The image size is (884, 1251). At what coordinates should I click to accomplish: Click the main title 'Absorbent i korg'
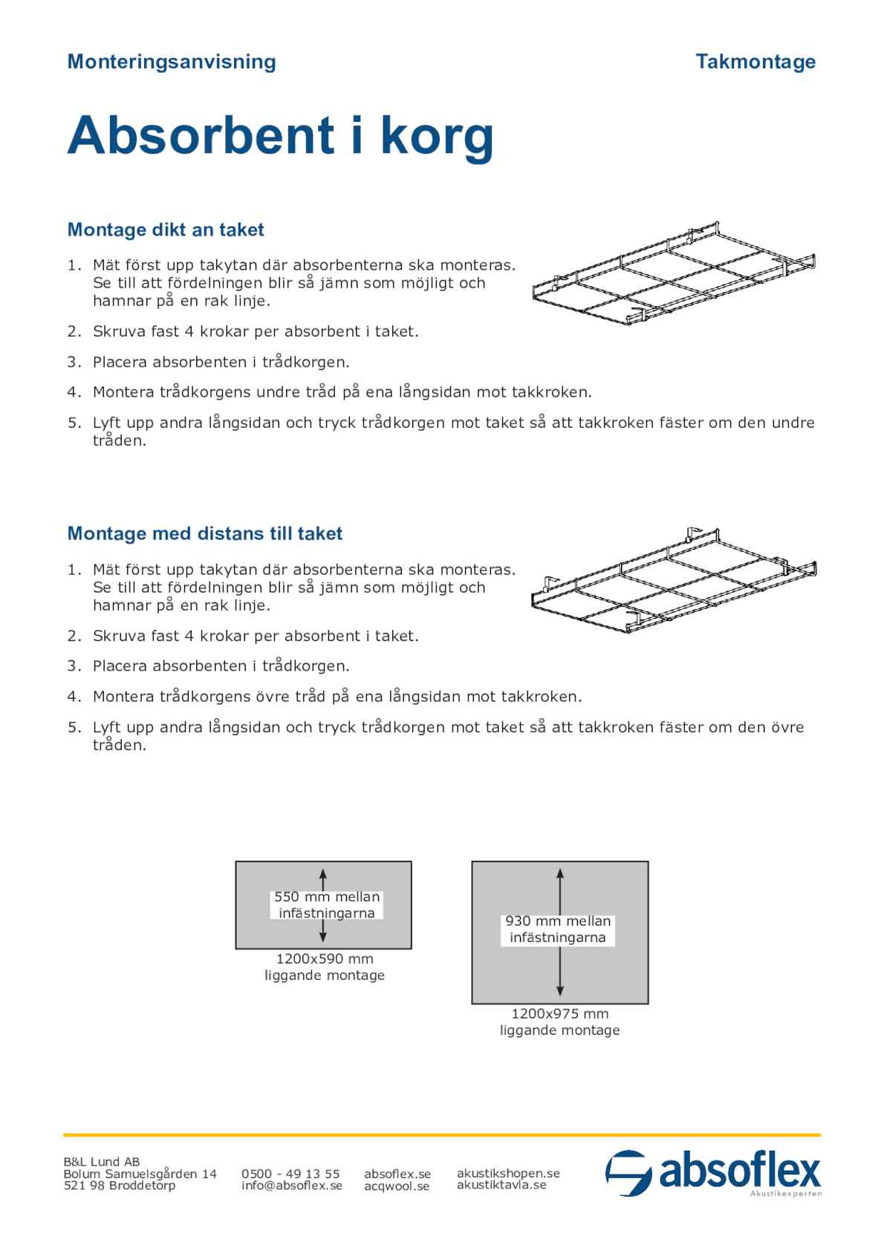coord(280,136)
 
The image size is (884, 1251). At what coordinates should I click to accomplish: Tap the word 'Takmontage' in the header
coord(755,62)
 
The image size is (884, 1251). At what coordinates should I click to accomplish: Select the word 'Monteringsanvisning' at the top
coord(172,62)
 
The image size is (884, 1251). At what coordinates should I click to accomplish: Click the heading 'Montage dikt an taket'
coord(166,230)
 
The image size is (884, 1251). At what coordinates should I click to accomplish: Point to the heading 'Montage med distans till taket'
coord(205,533)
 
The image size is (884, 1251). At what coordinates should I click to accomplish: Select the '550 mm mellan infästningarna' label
coord(327,905)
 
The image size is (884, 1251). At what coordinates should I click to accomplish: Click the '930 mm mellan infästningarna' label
coord(558,929)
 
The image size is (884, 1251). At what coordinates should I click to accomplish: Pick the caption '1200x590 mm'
coord(325,959)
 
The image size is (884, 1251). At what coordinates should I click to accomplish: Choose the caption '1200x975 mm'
coord(559,1014)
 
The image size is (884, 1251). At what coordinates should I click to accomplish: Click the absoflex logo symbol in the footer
coord(628,1173)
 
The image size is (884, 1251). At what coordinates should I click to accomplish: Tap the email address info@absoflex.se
coord(292,1186)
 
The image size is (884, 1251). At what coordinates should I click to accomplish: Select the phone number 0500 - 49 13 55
coord(290,1174)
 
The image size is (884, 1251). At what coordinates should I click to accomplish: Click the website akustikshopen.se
coord(508,1173)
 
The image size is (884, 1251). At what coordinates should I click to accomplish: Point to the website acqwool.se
coord(397,1186)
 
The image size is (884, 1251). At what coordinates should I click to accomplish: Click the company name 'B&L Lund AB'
coord(102,1162)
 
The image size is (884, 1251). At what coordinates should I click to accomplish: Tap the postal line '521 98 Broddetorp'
coord(120,1186)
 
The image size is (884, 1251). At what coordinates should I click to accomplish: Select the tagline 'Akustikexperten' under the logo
coord(786,1194)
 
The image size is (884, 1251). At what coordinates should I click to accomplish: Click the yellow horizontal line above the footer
coord(442,1135)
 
